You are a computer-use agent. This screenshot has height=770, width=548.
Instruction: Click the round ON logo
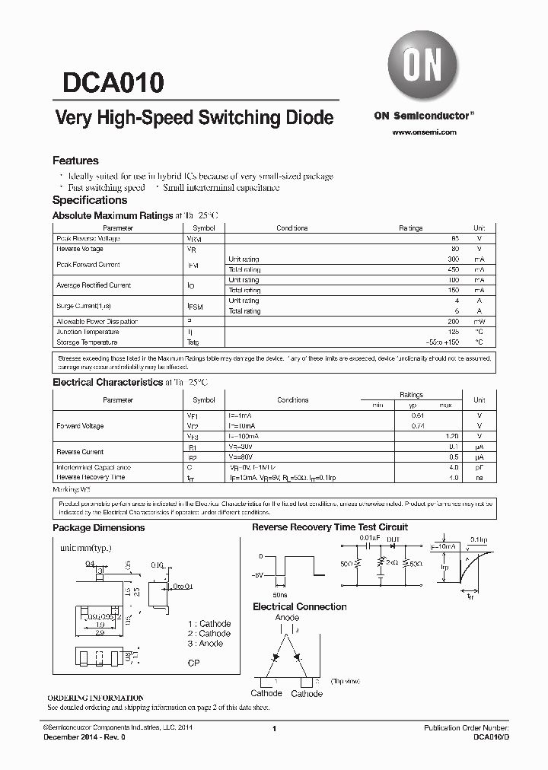(422, 67)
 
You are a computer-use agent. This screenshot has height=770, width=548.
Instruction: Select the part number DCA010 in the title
(107, 81)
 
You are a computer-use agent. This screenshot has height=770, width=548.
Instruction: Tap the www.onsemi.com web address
(424, 132)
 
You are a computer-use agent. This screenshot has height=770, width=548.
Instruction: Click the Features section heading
(75, 161)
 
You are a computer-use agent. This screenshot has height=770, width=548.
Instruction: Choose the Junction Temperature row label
(88, 332)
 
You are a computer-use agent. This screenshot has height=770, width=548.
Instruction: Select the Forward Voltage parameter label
(80, 426)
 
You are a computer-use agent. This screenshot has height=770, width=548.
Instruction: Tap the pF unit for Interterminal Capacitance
(479, 467)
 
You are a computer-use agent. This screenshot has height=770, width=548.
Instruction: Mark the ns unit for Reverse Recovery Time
(479, 477)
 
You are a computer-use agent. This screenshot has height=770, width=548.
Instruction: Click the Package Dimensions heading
(98, 527)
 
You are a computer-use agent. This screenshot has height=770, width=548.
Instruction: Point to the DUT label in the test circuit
(393, 539)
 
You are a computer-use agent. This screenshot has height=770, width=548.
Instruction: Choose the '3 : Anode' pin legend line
(205, 643)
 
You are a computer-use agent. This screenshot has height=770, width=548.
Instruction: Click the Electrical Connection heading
(299, 606)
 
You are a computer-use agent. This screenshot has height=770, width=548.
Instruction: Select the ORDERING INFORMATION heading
(95, 698)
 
